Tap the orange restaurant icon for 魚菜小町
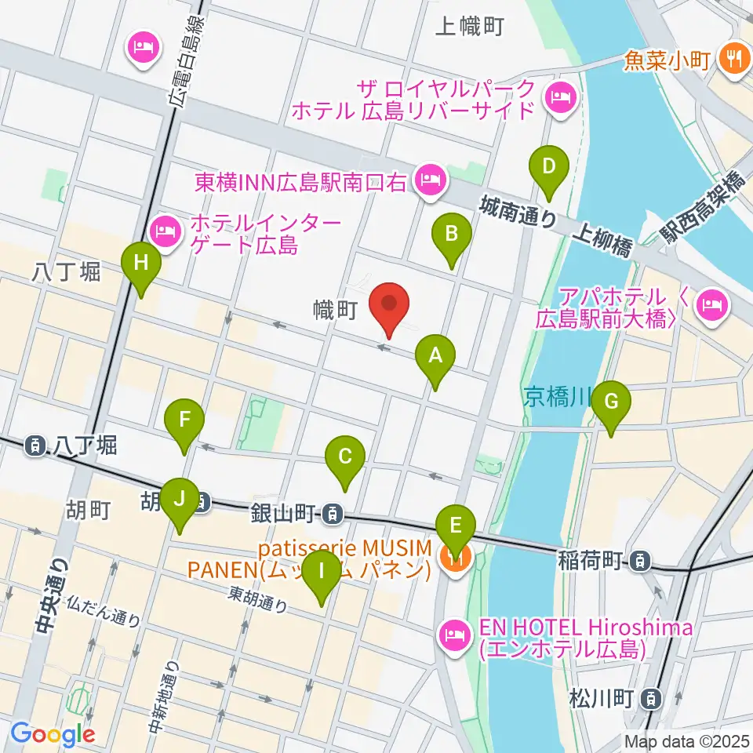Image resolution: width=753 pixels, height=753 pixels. point(734,58)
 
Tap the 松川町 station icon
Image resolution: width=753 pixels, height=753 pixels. point(649,697)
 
